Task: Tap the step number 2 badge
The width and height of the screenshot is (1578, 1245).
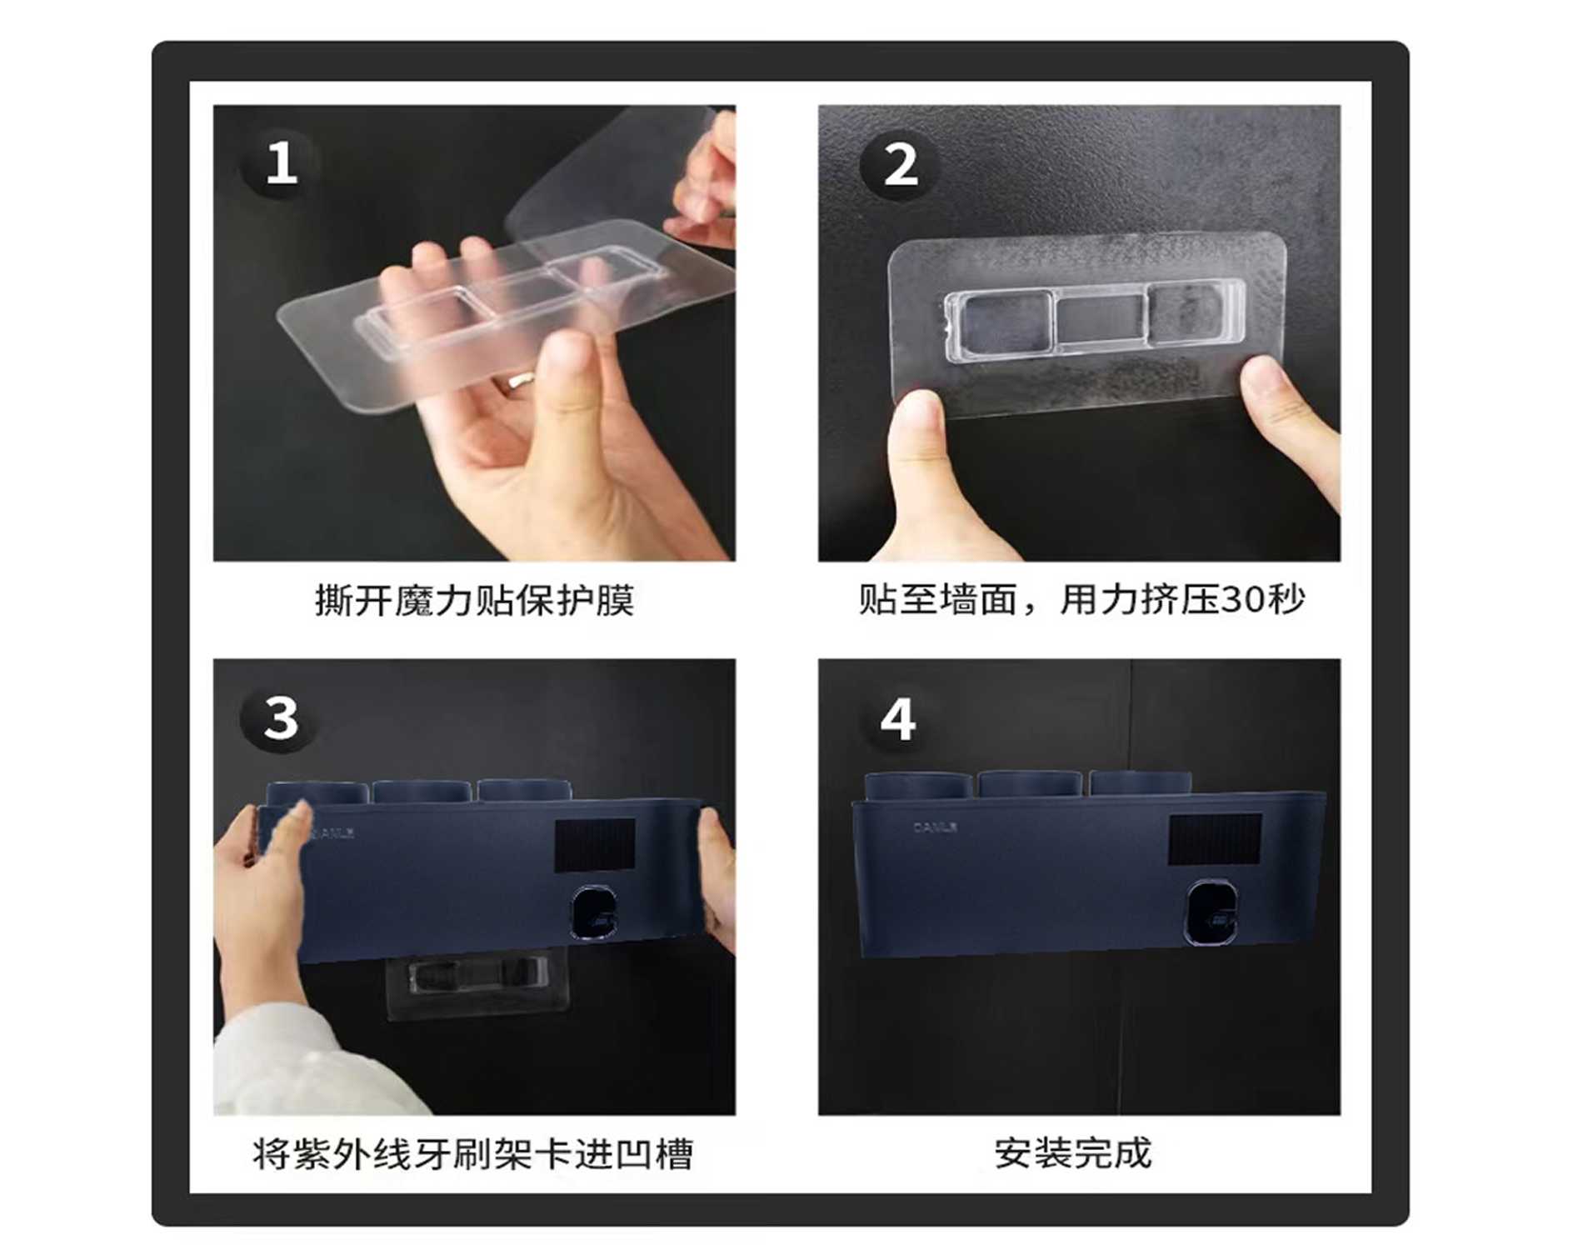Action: (x=900, y=164)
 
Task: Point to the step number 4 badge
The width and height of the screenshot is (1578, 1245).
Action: (x=898, y=718)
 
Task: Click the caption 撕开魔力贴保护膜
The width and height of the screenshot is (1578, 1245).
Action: (x=474, y=600)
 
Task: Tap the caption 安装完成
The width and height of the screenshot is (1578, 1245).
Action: (x=1073, y=1153)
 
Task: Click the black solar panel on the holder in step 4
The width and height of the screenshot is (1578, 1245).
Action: (x=1215, y=839)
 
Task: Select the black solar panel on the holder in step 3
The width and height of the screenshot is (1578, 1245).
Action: (x=595, y=844)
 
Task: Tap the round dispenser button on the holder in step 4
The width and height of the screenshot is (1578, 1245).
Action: (x=1212, y=912)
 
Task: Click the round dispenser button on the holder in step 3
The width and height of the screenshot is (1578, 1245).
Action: (x=594, y=914)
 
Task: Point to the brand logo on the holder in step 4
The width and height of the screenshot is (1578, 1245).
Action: (x=935, y=827)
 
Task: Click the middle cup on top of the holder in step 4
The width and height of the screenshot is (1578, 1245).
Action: (x=1031, y=784)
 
